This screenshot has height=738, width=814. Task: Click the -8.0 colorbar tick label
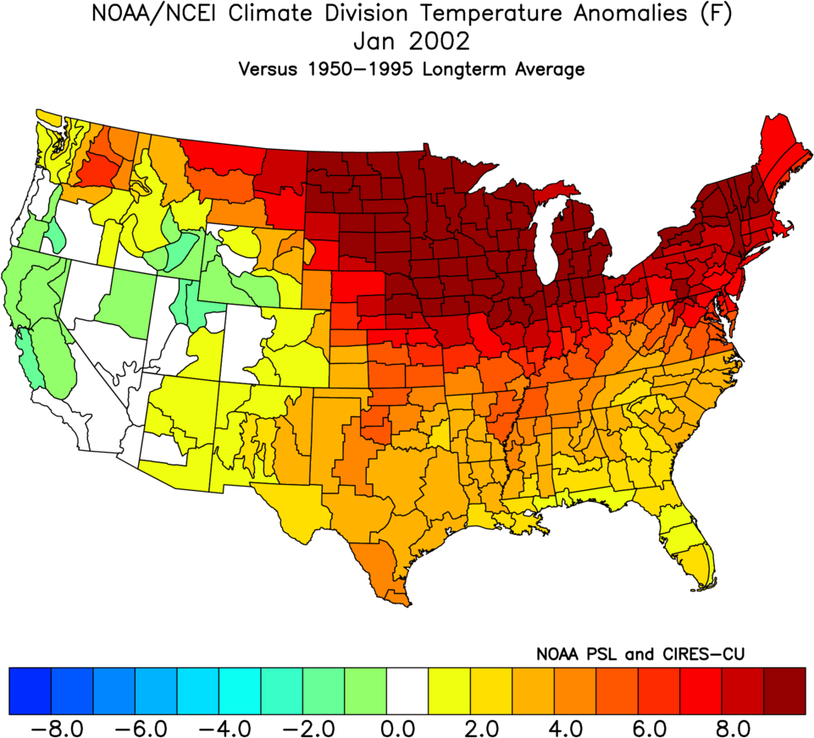(52, 726)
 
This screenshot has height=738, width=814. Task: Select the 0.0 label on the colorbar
(387, 726)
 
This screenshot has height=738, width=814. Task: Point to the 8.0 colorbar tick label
(722, 726)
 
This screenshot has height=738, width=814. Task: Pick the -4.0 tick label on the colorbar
(219, 726)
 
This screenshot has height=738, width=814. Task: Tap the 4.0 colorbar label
(554, 726)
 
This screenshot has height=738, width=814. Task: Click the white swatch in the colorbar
(407, 690)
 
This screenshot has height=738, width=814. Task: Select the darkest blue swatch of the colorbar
(30, 690)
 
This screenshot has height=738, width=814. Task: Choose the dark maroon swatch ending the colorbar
(785, 690)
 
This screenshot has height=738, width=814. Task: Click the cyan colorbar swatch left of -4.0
(198, 690)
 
